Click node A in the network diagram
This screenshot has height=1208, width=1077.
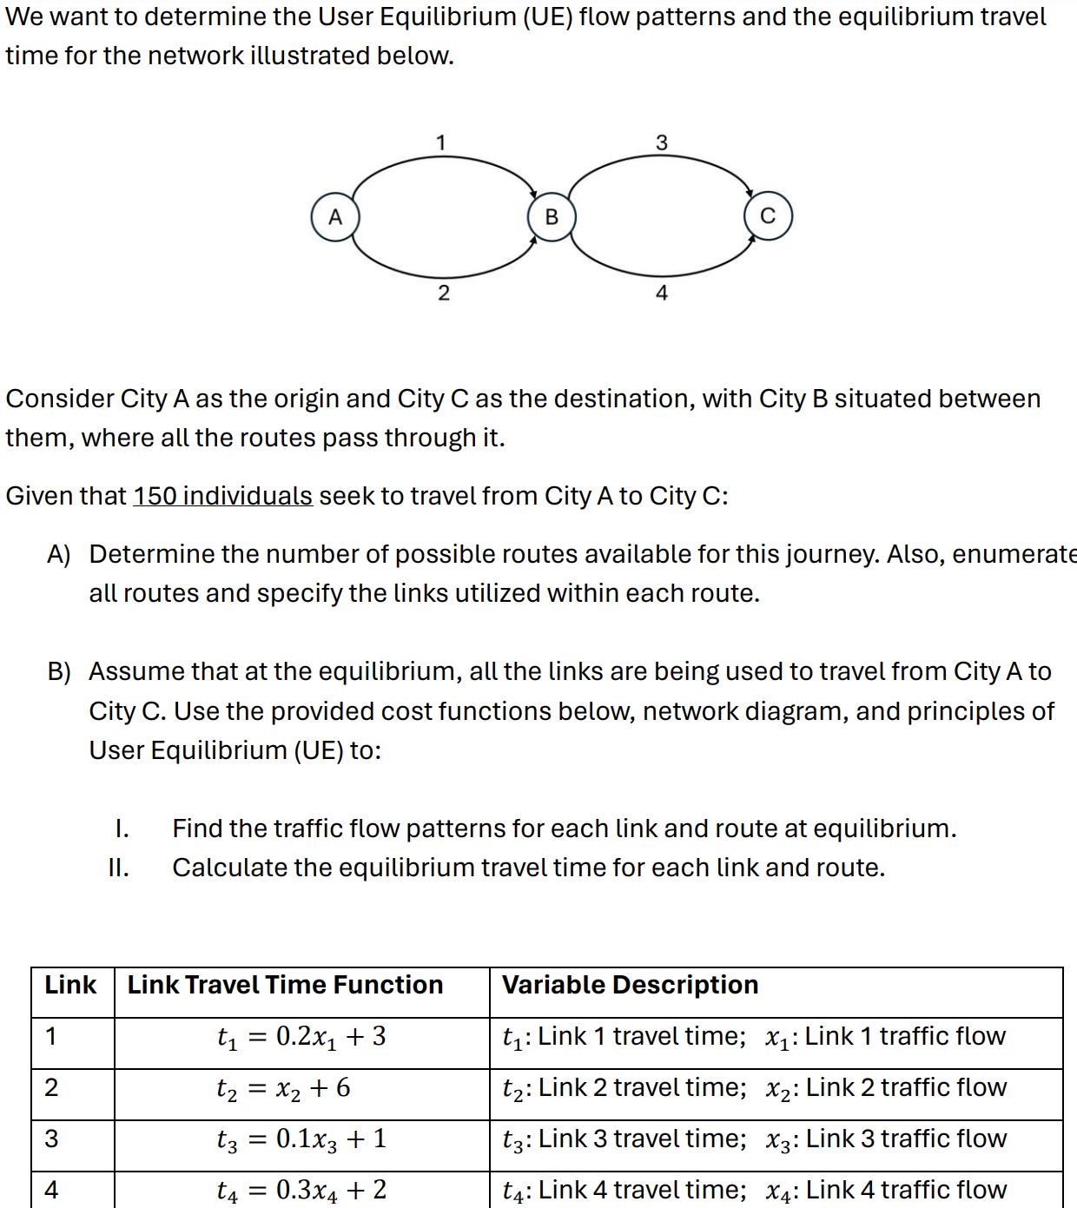pyautogui.click(x=335, y=217)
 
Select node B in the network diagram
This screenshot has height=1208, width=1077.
pyautogui.click(x=552, y=217)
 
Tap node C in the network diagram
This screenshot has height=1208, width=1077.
pyautogui.click(x=768, y=216)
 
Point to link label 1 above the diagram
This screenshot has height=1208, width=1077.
pyautogui.click(x=441, y=142)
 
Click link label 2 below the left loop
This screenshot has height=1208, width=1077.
pyautogui.click(x=444, y=293)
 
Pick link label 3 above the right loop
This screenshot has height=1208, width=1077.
pyautogui.click(x=662, y=142)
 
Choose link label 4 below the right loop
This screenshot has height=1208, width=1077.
pyautogui.click(x=662, y=293)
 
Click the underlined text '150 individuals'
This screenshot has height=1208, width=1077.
pyautogui.click(x=222, y=496)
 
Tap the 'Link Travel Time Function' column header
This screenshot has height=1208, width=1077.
pyautogui.click(x=285, y=985)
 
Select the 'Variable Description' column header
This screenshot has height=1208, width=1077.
pyautogui.click(x=630, y=985)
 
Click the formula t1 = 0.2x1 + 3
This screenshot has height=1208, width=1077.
pyautogui.click(x=301, y=1037)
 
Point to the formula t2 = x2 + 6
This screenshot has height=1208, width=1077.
pyautogui.click(x=283, y=1088)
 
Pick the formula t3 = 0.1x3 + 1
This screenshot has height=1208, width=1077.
pyautogui.click(x=301, y=1139)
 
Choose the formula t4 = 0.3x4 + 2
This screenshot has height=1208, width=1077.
pyautogui.click(x=301, y=1191)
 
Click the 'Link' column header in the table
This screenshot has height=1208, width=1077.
pyautogui.click(x=70, y=985)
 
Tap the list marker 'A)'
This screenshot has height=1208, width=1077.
pyautogui.click(x=59, y=554)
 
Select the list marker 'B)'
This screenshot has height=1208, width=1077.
pyautogui.click(x=59, y=671)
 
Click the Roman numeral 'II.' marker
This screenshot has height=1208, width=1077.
pyautogui.click(x=119, y=868)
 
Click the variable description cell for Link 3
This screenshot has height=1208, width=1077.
pyautogui.click(x=754, y=1139)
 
